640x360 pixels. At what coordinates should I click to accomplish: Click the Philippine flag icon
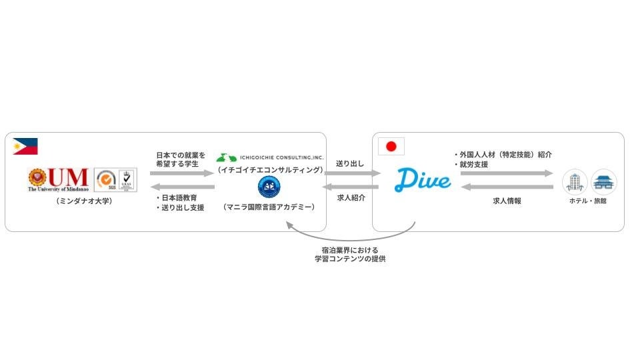(25, 147)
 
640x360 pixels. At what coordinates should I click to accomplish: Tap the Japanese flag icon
(391, 147)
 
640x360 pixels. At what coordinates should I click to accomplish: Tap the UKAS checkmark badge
(127, 179)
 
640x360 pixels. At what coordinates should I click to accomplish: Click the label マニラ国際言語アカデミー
(269, 208)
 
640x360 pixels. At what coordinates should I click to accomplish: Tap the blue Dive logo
(423, 179)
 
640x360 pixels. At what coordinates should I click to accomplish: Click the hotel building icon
(575, 181)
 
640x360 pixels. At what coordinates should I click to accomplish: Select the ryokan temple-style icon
(604, 181)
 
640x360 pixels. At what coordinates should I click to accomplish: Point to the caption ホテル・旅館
(589, 201)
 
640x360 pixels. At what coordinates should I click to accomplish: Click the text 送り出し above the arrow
(350, 163)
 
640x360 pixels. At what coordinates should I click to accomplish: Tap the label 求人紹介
(351, 197)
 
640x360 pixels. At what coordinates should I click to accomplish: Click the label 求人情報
(507, 200)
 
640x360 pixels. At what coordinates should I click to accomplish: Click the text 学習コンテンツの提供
(350, 259)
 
